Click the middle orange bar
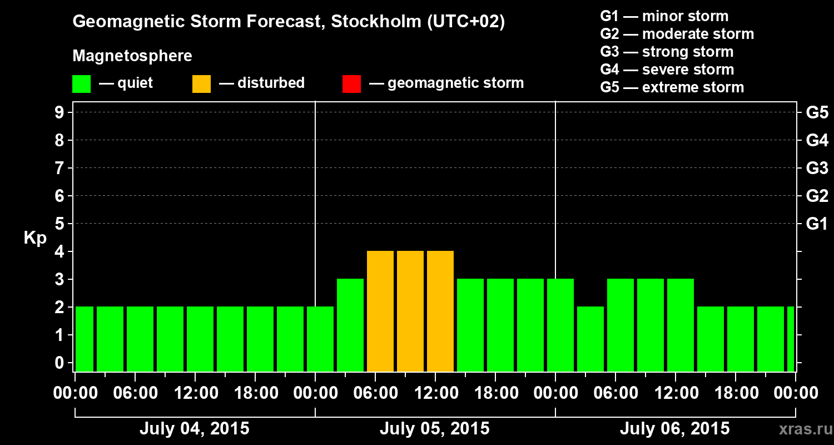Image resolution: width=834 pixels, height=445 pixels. click(410, 311)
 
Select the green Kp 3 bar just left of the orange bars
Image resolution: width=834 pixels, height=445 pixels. click(350, 325)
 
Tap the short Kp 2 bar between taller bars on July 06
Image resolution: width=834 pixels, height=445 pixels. click(590, 339)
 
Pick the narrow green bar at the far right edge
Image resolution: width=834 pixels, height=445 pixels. click(791, 339)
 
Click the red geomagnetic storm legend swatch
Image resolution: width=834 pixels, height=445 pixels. click(351, 83)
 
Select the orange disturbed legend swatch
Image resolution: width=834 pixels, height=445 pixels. click(201, 83)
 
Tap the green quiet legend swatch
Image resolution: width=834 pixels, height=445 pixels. click(81, 83)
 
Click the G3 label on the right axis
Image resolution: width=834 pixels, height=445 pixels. click(817, 168)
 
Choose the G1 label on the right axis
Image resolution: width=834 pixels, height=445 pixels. click(817, 224)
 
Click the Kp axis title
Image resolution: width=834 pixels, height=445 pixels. click(35, 238)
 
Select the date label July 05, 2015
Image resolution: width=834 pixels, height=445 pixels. click(434, 429)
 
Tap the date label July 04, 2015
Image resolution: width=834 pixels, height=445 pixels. click(194, 429)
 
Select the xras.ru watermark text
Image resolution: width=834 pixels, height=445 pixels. click(804, 429)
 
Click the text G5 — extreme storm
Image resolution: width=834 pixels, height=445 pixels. click(672, 87)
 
